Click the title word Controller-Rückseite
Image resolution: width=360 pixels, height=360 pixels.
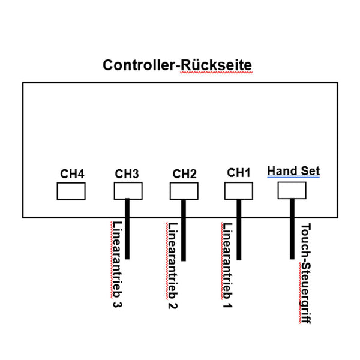tap(178, 65)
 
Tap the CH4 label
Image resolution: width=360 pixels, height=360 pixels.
tap(71, 173)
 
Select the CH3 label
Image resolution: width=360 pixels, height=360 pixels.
tap(127, 173)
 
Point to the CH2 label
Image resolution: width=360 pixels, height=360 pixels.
tap(184, 173)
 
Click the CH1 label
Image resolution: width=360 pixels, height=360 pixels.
tap(238, 172)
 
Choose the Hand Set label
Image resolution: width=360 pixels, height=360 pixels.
tap(293, 171)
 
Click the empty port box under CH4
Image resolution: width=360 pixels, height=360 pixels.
tap(71, 191)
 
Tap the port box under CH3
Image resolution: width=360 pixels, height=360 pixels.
tap(128, 191)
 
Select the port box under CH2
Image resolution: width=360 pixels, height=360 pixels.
tap(184, 191)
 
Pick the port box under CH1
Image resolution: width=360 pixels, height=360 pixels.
tap(238, 190)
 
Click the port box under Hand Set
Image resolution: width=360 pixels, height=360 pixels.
tap(292, 190)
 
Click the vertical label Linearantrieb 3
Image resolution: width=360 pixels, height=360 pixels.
tap(116, 264)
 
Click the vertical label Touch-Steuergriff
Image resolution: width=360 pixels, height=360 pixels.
tap(305, 273)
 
